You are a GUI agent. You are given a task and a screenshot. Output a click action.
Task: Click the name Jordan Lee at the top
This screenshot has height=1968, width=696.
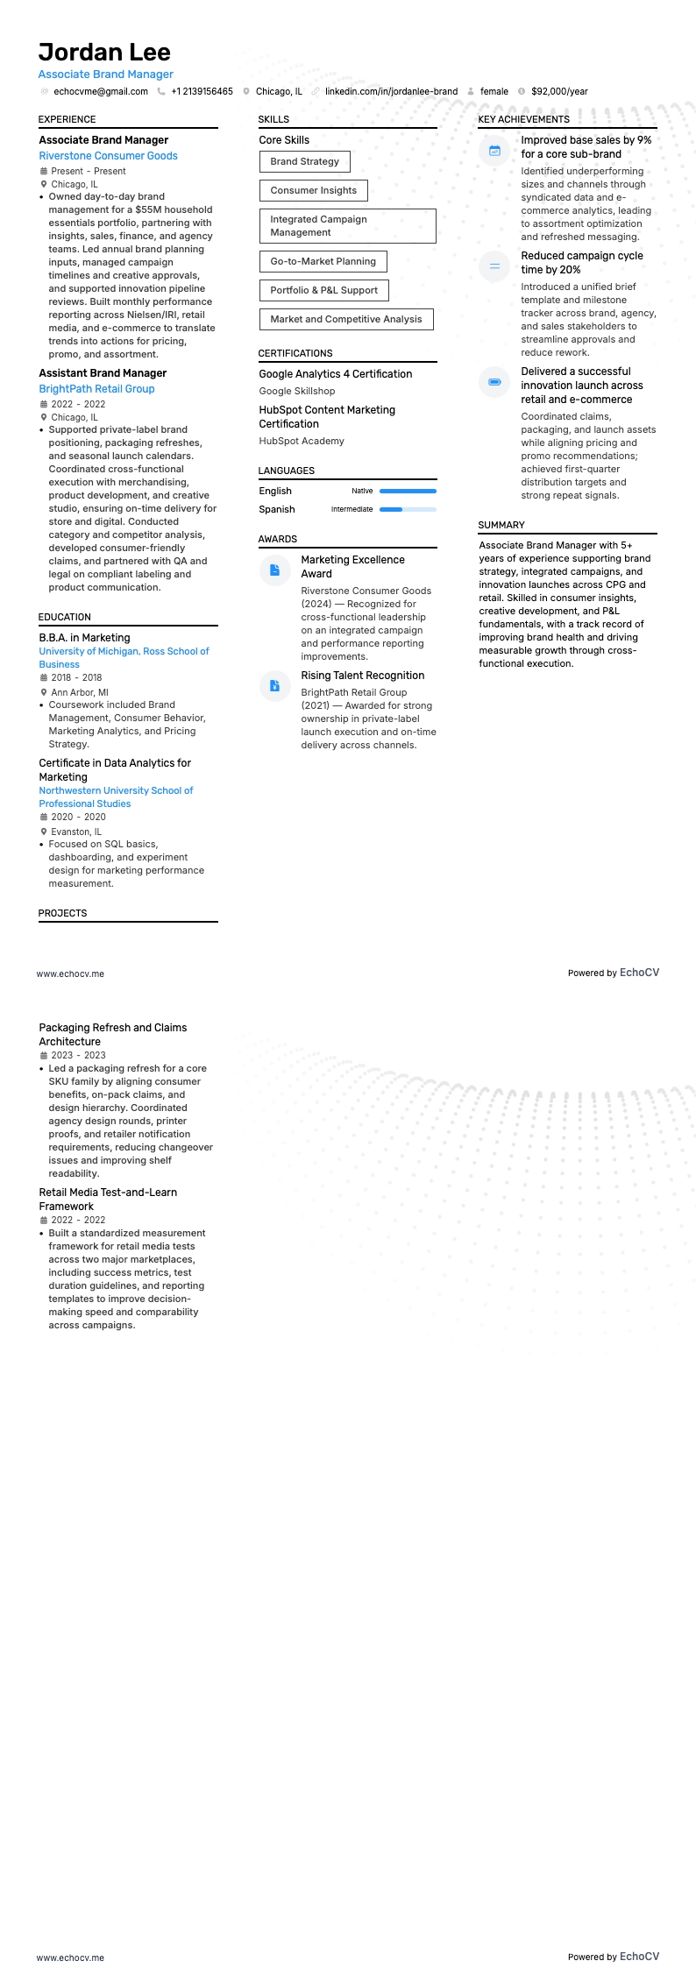pos(104,52)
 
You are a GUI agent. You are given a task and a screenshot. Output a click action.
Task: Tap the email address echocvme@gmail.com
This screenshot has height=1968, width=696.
pos(100,91)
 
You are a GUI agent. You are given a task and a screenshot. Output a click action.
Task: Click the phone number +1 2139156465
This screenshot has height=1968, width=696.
pos(202,91)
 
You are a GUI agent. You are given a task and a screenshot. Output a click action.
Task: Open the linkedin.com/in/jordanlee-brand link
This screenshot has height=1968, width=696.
pos(391,91)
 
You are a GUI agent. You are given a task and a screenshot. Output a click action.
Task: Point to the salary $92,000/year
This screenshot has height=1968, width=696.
pos(559,91)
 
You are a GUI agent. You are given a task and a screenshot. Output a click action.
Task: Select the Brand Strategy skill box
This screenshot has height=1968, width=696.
pos(304,161)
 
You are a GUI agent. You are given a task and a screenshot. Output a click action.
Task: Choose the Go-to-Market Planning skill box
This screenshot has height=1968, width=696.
pos(323,261)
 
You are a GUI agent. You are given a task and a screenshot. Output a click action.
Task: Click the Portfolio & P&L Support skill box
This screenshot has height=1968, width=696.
pos(323,290)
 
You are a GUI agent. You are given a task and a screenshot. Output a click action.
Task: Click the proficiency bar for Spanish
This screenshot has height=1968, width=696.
pos(408,509)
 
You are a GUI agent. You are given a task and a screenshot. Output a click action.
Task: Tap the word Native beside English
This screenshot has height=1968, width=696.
pos(362,491)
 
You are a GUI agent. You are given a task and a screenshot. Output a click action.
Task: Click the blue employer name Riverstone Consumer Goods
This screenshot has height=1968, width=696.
pos(108,156)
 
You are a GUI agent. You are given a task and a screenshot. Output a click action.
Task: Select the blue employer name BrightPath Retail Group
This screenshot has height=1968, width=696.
pos(96,389)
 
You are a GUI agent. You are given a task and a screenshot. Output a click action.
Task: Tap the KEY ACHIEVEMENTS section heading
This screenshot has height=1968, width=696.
pos(523,119)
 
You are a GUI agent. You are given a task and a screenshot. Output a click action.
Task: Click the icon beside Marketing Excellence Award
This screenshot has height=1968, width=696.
pos(274,570)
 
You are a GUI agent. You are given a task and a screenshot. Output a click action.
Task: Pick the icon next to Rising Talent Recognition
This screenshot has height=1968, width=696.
pos(274,686)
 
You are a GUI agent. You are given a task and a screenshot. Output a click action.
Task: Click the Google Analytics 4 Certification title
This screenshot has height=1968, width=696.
pos(335,374)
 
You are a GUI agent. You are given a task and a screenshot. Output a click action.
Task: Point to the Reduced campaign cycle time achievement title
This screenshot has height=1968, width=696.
pos(581,263)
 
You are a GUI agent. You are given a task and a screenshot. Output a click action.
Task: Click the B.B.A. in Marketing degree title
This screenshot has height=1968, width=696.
pos(84,638)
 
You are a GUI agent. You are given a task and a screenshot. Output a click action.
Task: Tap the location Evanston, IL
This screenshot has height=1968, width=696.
pos(76,832)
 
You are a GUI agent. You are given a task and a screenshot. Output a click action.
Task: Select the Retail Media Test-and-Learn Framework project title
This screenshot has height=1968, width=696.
pos(108,1200)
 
